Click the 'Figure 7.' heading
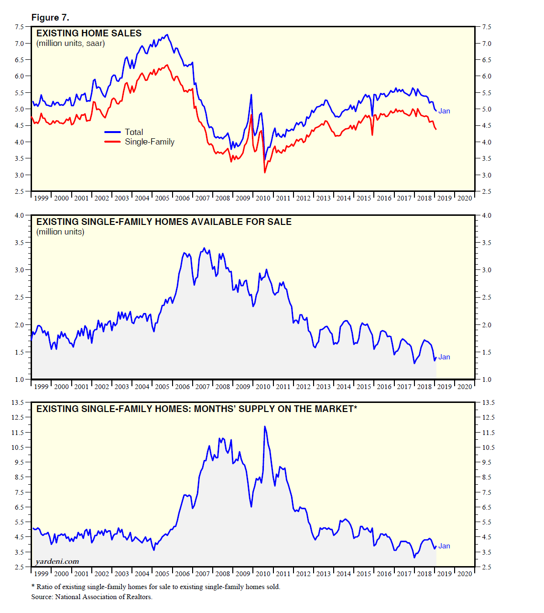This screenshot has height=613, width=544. tap(50, 18)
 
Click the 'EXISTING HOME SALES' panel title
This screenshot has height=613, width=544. tap(89, 33)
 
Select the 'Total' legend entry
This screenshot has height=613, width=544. tap(134, 132)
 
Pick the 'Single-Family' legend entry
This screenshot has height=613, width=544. tap(150, 142)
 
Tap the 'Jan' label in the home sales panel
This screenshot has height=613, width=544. tap(444, 111)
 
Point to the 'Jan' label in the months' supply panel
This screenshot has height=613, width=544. tap(444, 546)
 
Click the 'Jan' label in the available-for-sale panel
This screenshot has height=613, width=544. tap(444, 357)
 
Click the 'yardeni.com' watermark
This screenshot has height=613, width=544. tap(57, 561)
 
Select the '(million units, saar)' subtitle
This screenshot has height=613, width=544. tap(71, 44)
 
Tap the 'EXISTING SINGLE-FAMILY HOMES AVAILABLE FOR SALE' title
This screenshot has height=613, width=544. tap(164, 222)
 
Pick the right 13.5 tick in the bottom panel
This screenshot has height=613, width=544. tap(488, 402)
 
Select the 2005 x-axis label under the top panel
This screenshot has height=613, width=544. tap(162, 198)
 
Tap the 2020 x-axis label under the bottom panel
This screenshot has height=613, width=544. tap(464, 574)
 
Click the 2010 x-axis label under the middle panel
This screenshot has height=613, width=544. tap(263, 387)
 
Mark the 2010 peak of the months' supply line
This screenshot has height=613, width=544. tap(265, 426)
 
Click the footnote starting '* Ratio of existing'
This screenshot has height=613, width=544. tap(156, 587)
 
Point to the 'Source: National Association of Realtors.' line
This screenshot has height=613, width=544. tap(92, 597)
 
